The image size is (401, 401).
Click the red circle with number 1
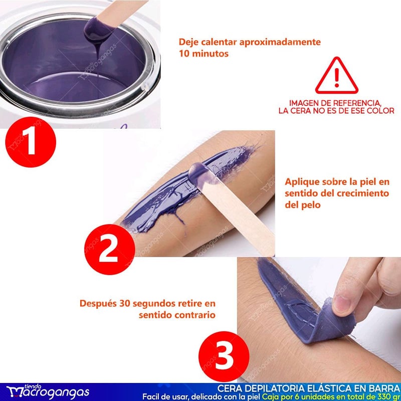pos(31,142)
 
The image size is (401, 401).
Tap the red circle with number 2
pos(109,249)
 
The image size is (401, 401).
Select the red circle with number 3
pos(224,357)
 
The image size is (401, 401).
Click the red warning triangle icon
pos(336,76)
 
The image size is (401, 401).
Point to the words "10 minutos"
pos(204,54)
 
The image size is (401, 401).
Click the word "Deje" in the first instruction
pos(189,42)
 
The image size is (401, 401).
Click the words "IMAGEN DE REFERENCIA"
pos(335,103)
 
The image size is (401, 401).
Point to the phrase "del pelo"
pos(303,205)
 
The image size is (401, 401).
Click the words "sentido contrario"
pos(177,315)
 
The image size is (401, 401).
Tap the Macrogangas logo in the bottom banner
pos(48,391)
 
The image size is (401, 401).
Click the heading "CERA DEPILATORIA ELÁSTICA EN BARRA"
pos(309,388)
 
